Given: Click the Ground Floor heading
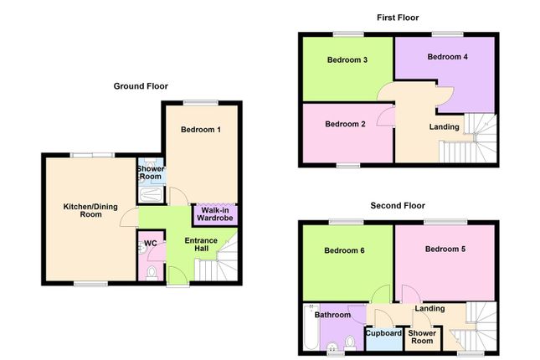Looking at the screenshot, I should (141, 85).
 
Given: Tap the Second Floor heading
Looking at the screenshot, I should (399, 205).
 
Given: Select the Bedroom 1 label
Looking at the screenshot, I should (203, 131).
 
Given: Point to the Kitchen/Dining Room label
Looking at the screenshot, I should (83, 210).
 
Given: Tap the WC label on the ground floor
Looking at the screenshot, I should (151, 244).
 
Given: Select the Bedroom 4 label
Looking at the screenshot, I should (447, 57).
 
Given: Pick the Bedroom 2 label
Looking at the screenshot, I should (346, 125).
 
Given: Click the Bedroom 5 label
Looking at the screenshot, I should (445, 249).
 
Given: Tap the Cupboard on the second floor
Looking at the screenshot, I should (383, 333).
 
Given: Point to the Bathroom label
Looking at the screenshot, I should (332, 316).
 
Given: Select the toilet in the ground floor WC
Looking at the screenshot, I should (152, 273).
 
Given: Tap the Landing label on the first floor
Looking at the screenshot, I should (444, 127).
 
